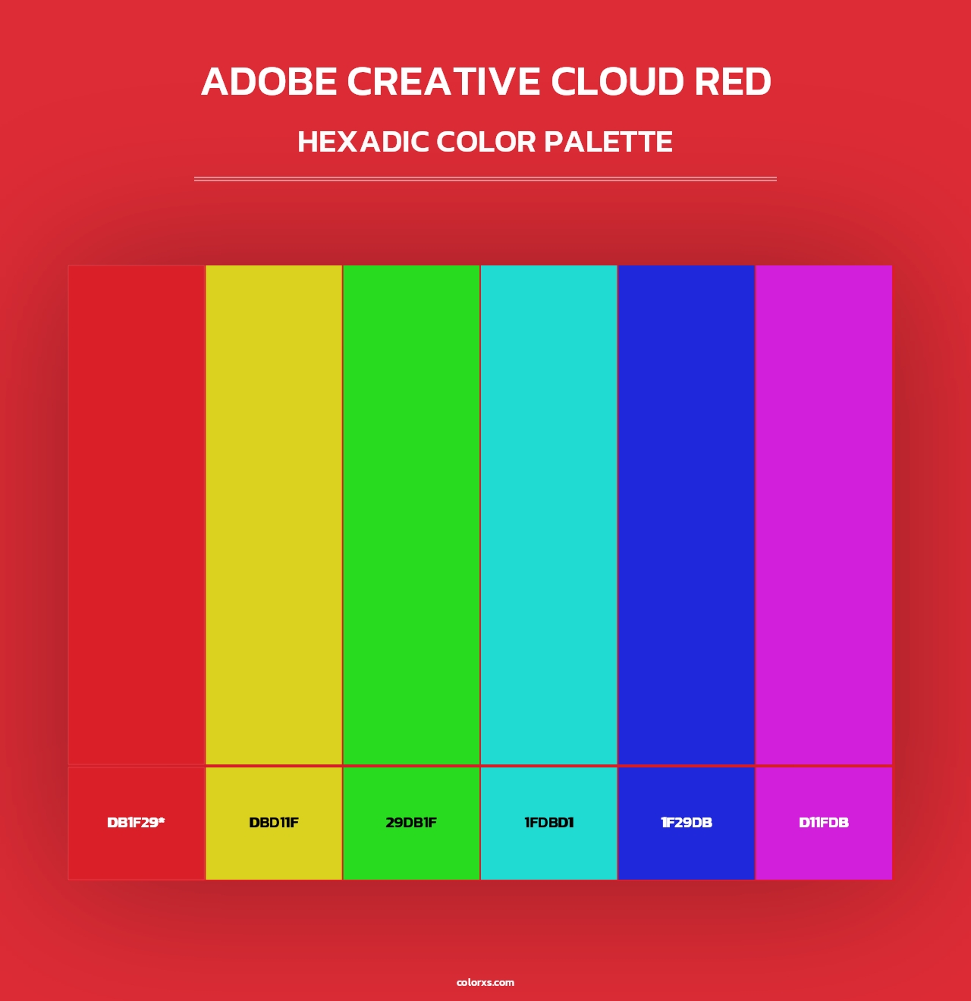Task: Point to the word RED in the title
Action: tap(734, 82)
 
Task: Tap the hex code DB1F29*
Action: tap(136, 823)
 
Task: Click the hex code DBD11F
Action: tap(274, 823)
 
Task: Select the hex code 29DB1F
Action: tap(411, 823)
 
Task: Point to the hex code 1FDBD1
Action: tap(548, 823)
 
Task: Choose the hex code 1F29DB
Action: tap(687, 823)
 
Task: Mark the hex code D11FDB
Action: tap(824, 823)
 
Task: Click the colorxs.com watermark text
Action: tap(485, 982)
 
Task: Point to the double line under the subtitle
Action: tap(485, 179)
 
